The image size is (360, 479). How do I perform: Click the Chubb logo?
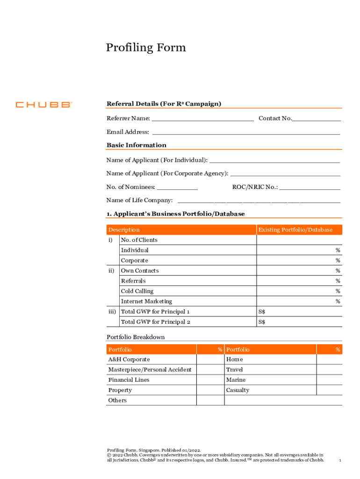tap(43, 105)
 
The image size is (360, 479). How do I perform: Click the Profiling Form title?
tap(146, 48)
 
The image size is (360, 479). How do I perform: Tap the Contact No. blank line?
tap(317, 118)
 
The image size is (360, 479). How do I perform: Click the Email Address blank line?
tap(246, 132)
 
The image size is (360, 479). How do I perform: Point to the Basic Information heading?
tap(137, 145)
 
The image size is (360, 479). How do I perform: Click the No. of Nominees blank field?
tap(177, 187)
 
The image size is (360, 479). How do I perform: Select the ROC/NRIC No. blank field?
tap(310, 187)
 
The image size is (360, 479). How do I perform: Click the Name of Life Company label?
tap(139, 200)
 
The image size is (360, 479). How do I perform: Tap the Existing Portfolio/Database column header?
tap(295, 230)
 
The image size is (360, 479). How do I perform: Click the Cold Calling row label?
tap(137, 291)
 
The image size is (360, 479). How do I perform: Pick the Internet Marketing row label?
tap(146, 301)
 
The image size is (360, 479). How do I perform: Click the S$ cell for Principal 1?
tap(299, 312)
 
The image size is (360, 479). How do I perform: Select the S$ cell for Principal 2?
tap(299, 322)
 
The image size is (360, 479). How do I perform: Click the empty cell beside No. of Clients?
tap(299, 240)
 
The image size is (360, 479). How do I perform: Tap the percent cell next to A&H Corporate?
tap(210, 359)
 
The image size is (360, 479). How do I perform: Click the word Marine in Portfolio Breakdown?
tap(236, 380)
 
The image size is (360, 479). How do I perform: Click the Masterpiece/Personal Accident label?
tap(150, 370)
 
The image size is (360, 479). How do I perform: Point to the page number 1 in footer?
tap(340, 461)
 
